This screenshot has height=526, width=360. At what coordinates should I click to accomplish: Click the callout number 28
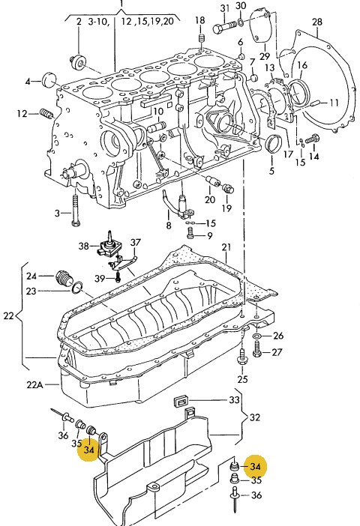point(317,22)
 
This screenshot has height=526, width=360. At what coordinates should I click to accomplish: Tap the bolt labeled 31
point(225,26)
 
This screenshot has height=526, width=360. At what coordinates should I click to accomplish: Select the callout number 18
point(199,20)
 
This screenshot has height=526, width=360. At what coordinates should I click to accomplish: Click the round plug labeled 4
point(51,79)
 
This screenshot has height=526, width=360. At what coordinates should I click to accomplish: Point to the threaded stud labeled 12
point(46,113)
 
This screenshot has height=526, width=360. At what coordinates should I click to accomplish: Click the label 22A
point(35,384)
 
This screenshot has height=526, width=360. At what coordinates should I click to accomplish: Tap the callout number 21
point(226,247)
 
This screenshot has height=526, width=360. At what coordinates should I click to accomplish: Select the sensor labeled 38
point(107,247)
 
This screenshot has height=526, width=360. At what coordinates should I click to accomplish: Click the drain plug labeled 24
point(64,277)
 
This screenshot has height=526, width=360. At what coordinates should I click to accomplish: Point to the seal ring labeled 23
point(77,287)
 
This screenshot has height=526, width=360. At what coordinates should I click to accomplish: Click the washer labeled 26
point(257,336)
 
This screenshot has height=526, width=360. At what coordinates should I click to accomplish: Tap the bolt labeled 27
point(257,349)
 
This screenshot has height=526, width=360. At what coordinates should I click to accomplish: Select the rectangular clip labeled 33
point(181,401)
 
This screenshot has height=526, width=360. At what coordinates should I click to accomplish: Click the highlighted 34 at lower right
point(255,467)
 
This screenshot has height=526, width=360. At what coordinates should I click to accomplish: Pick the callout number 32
point(255,417)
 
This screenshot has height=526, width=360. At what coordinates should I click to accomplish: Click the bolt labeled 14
point(312,138)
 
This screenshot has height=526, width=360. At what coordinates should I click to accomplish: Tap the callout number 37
point(136,242)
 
